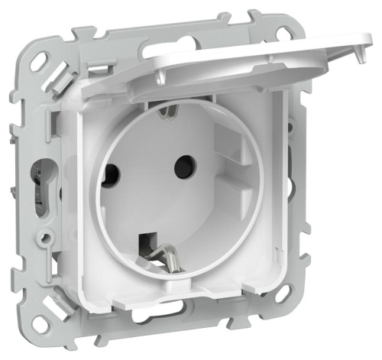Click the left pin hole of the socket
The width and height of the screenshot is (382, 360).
click(122, 170)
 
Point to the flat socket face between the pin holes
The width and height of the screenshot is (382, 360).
click(153, 172)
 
